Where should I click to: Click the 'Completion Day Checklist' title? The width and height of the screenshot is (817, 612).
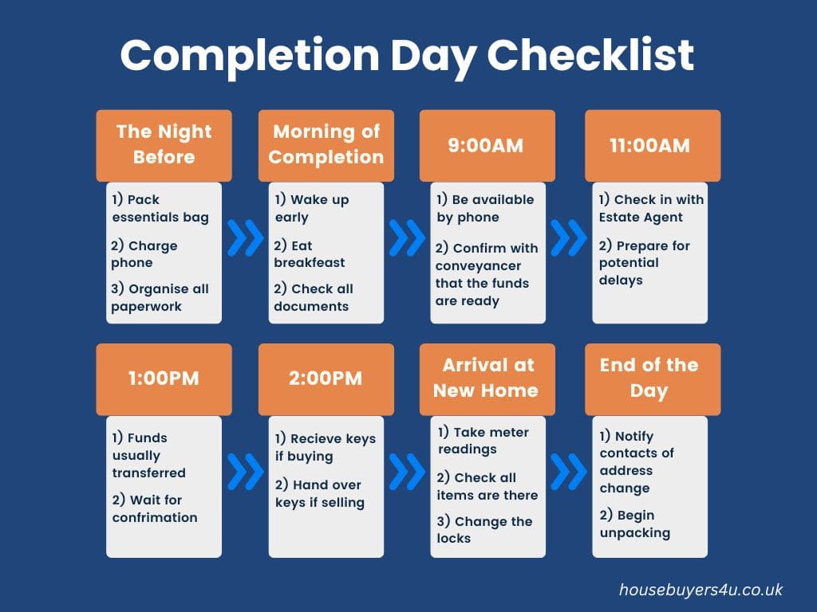pyautogui.click(x=408, y=55)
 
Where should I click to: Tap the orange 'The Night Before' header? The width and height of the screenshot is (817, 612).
pyautogui.click(x=164, y=145)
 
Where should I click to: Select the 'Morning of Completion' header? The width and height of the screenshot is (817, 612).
pyautogui.click(x=326, y=145)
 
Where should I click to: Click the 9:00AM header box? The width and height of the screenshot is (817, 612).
pyautogui.click(x=487, y=145)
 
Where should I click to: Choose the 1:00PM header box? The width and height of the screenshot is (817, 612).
pyautogui.click(x=164, y=379)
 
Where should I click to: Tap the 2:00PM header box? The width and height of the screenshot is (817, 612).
pyautogui.click(x=326, y=379)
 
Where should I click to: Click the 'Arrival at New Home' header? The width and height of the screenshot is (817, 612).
pyautogui.click(x=487, y=379)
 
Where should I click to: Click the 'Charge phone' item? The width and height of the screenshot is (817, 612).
pyautogui.click(x=145, y=254)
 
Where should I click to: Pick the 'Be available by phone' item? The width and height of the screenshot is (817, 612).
pyautogui.click(x=485, y=208)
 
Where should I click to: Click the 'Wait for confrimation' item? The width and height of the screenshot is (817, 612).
pyautogui.click(x=154, y=508)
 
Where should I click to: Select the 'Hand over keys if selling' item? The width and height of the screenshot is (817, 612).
pyautogui.click(x=319, y=493)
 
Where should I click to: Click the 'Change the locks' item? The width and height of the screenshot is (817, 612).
pyautogui.click(x=484, y=530)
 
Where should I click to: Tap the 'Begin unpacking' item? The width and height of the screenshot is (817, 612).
pyautogui.click(x=635, y=524)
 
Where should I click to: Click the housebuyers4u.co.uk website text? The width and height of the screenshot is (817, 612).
pyautogui.click(x=701, y=590)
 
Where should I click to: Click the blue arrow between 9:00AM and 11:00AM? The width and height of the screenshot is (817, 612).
pyautogui.click(x=569, y=237)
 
